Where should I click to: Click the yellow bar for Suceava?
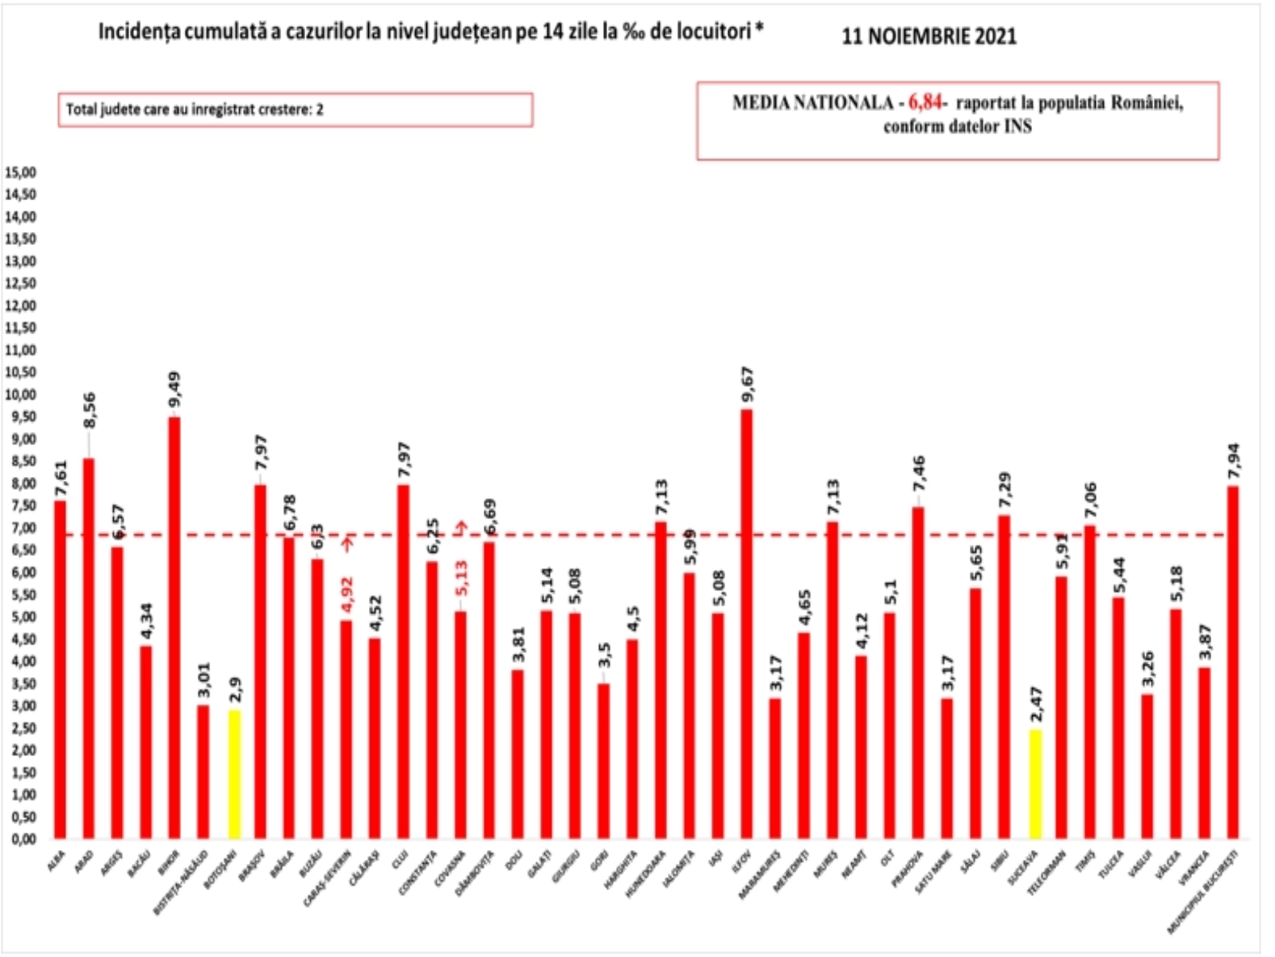[x=1034, y=784]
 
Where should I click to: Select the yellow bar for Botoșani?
[x=233, y=774]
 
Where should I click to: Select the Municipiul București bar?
[x=1234, y=662]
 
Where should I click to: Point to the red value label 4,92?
[x=347, y=593]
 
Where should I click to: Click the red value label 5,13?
[x=461, y=579]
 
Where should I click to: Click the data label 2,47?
[x=1034, y=705]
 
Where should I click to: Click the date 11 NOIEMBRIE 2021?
[x=929, y=37]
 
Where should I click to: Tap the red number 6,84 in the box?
[x=924, y=103]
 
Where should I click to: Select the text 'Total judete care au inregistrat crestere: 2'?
[x=194, y=110]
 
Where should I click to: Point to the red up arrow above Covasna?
[x=461, y=528]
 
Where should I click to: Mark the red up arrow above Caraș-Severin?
[x=347, y=544]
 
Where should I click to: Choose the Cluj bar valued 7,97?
[x=404, y=661]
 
